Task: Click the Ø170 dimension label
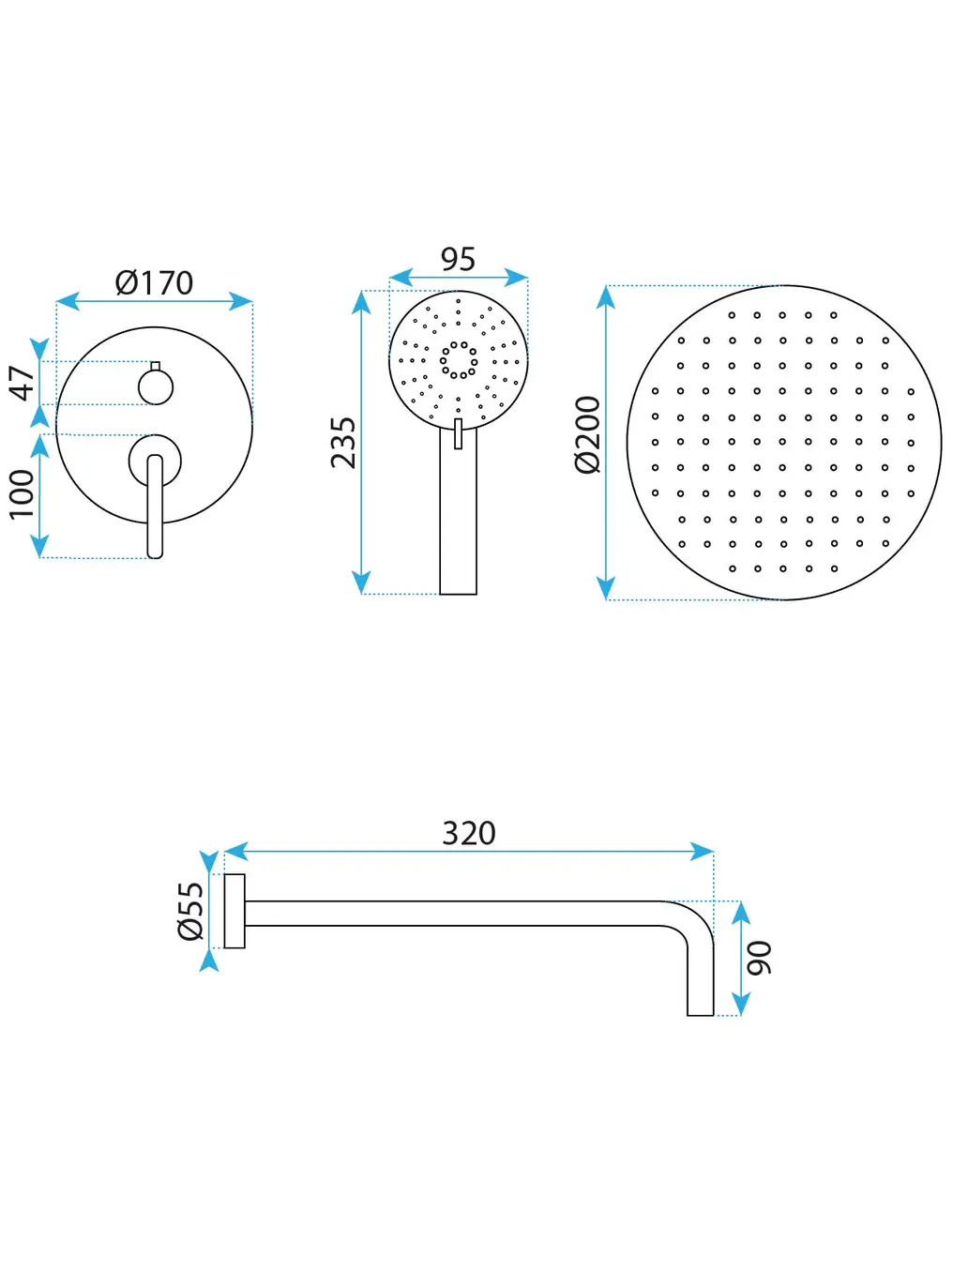154,282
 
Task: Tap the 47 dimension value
23,383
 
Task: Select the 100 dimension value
22,494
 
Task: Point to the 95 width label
458,259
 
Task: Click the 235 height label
343,443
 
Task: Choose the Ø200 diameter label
588,434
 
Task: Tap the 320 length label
469,833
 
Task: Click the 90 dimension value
760,958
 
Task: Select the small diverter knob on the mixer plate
156,386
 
